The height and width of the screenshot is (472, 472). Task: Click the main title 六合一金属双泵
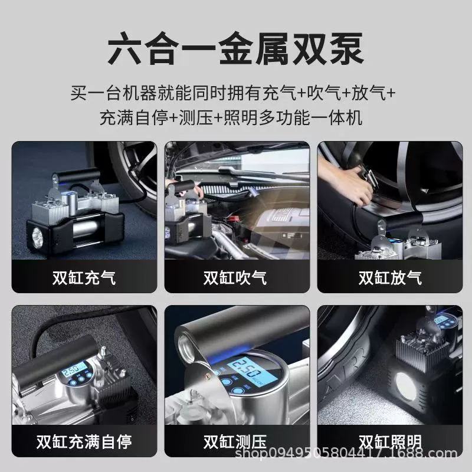pyautogui.click(x=235, y=49)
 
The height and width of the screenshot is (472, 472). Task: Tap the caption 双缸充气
pyautogui.click(x=84, y=277)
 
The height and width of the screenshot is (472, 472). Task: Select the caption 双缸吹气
pyautogui.click(x=235, y=277)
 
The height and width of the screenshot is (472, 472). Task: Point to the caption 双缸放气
pyautogui.click(x=390, y=277)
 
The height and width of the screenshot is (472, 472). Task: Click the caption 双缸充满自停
pyautogui.click(x=84, y=442)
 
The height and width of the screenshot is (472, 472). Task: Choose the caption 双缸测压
pyautogui.click(x=235, y=442)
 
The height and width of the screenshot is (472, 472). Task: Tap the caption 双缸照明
pyautogui.click(x=390, y=441)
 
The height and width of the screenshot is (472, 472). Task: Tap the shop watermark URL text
pyautogui.click(x=346, y=453)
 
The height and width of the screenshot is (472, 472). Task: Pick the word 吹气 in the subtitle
pyautogui.click(x=324, y=93)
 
